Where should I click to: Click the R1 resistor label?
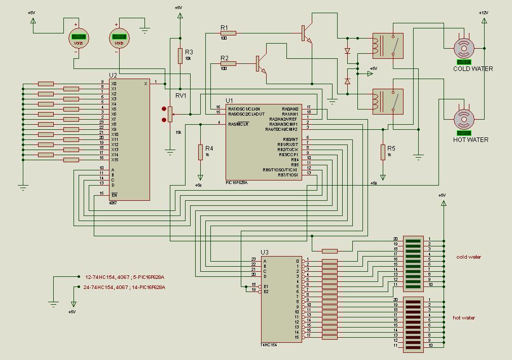coord(224,27)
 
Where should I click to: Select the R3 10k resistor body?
coord(180,56)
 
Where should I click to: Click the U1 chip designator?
coord(230,100)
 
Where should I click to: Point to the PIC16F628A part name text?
coord(237,183)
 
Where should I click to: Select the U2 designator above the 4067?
coord(113,76)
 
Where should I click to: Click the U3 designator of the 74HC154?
coord(265,253)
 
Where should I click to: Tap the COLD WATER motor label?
coord(472,69)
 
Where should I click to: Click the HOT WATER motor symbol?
coord(463,119)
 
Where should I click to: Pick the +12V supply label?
coord(484,13)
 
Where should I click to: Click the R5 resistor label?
coord(391,149)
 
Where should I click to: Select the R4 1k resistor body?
coord(201,152)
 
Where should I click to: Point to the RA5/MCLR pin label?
coord(238,124)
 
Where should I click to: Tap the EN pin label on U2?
coord(114,195)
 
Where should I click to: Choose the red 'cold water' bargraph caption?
coord(468,257)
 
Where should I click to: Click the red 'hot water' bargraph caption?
coord(464,318)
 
